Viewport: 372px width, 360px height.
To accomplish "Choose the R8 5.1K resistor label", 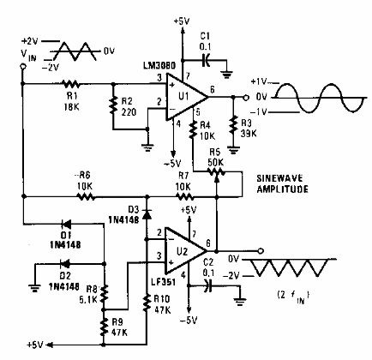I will pyautogui.click(x=86, y=295).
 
